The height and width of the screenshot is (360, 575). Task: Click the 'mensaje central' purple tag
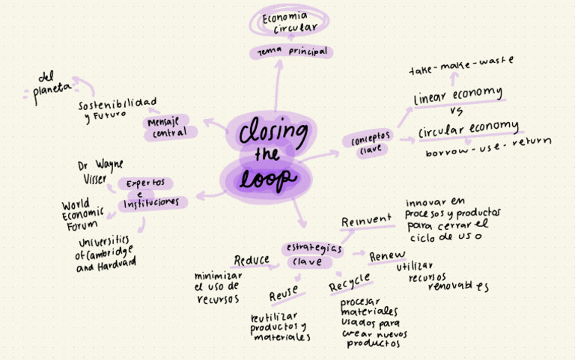[x=170, y=127]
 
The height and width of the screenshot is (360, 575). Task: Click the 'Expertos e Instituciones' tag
[x=150, y=193]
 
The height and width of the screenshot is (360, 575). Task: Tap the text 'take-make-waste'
[x=461, y=66]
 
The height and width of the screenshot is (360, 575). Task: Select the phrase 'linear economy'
[x=457, y=94]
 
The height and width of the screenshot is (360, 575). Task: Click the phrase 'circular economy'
[x=468, y=127]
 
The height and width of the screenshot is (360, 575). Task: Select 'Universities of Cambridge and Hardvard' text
[x=106, y=253]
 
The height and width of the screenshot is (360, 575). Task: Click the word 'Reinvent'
[x=366, y=221]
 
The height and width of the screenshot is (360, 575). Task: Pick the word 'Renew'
[x=387, y=256]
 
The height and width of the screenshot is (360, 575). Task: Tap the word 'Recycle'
[x=350, y=283]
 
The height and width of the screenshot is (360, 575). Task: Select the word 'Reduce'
[x=252, y=260]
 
